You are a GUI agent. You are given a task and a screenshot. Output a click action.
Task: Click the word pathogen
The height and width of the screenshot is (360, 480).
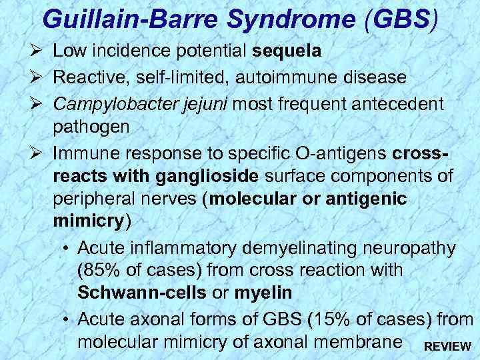click(x=89, y=128)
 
